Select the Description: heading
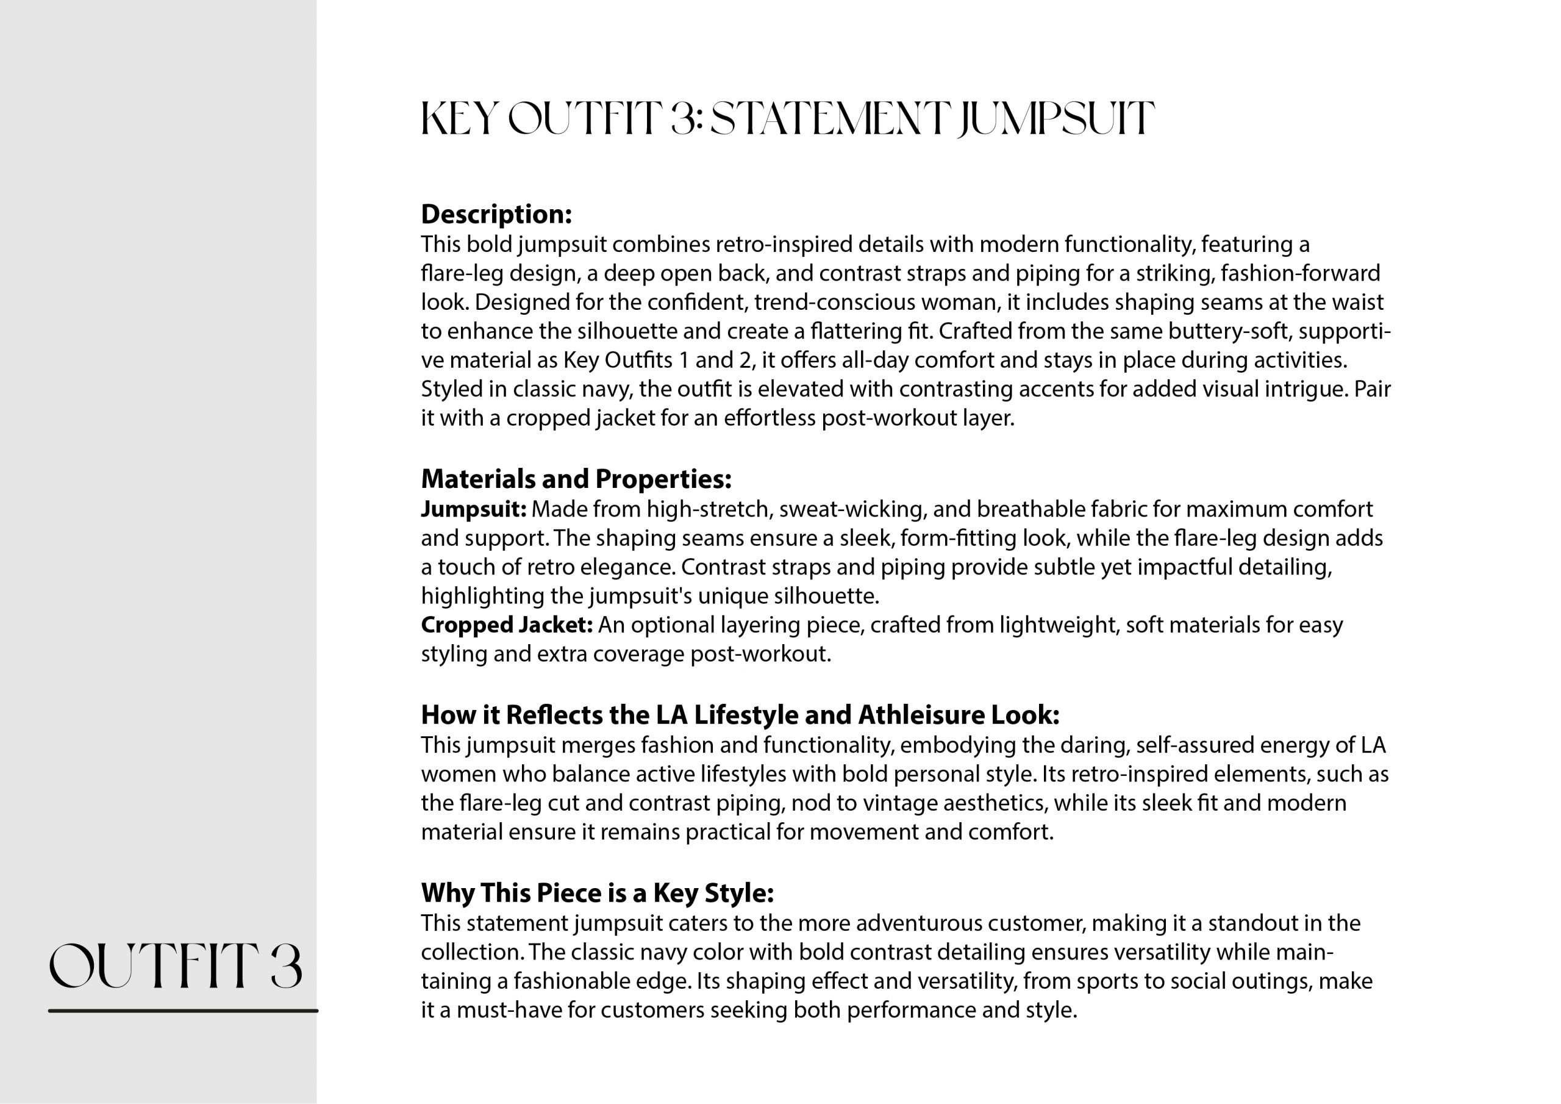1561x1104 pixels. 496,214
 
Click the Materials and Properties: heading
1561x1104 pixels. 576,479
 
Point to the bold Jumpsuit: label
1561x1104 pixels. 473,509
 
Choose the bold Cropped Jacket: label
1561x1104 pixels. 507,625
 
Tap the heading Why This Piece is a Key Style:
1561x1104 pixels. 597,892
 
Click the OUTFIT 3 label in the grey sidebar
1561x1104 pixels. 176,966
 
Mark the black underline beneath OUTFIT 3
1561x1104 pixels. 183,1011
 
